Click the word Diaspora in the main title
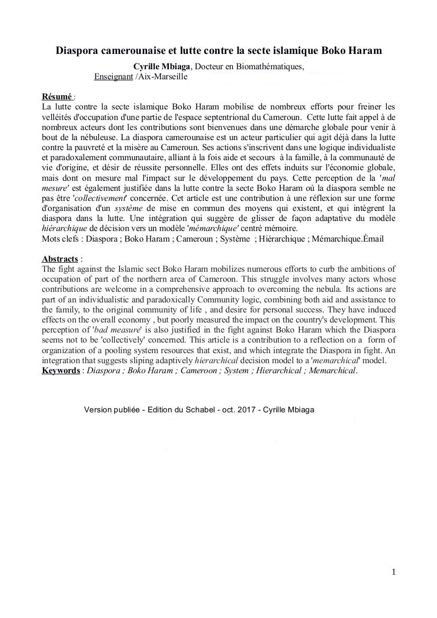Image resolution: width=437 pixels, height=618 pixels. pyautogui.click(x=79, y=51)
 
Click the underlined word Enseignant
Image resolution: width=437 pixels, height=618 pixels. pyautogui.click(x=113, y=76)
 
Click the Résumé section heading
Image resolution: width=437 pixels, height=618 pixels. pyautogui.click(x=57, y=96)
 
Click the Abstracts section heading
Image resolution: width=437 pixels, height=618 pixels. pyautogui.click(x=60, y=259)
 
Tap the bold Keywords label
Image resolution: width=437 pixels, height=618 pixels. pyautogui.click(x=61, y=370)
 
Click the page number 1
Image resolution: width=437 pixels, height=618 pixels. pyautogui.click(x=394, y=571)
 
